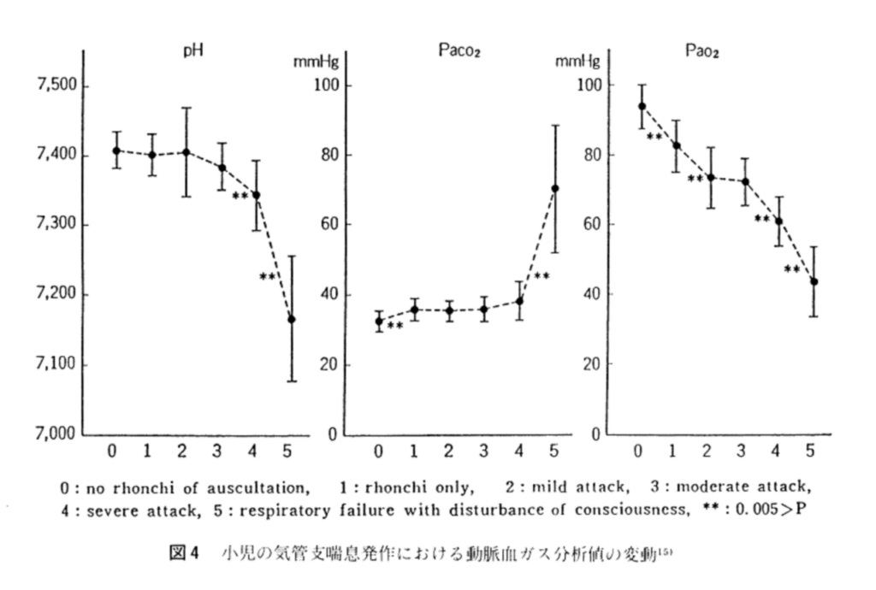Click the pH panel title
192,50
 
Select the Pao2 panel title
702,50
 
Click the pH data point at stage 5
292,319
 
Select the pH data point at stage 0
116,150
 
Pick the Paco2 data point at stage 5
554,188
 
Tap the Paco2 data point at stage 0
380,322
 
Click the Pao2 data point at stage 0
642,106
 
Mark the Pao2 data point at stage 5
814,281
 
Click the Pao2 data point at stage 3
745,181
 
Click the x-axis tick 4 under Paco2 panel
519,450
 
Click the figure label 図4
181,553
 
